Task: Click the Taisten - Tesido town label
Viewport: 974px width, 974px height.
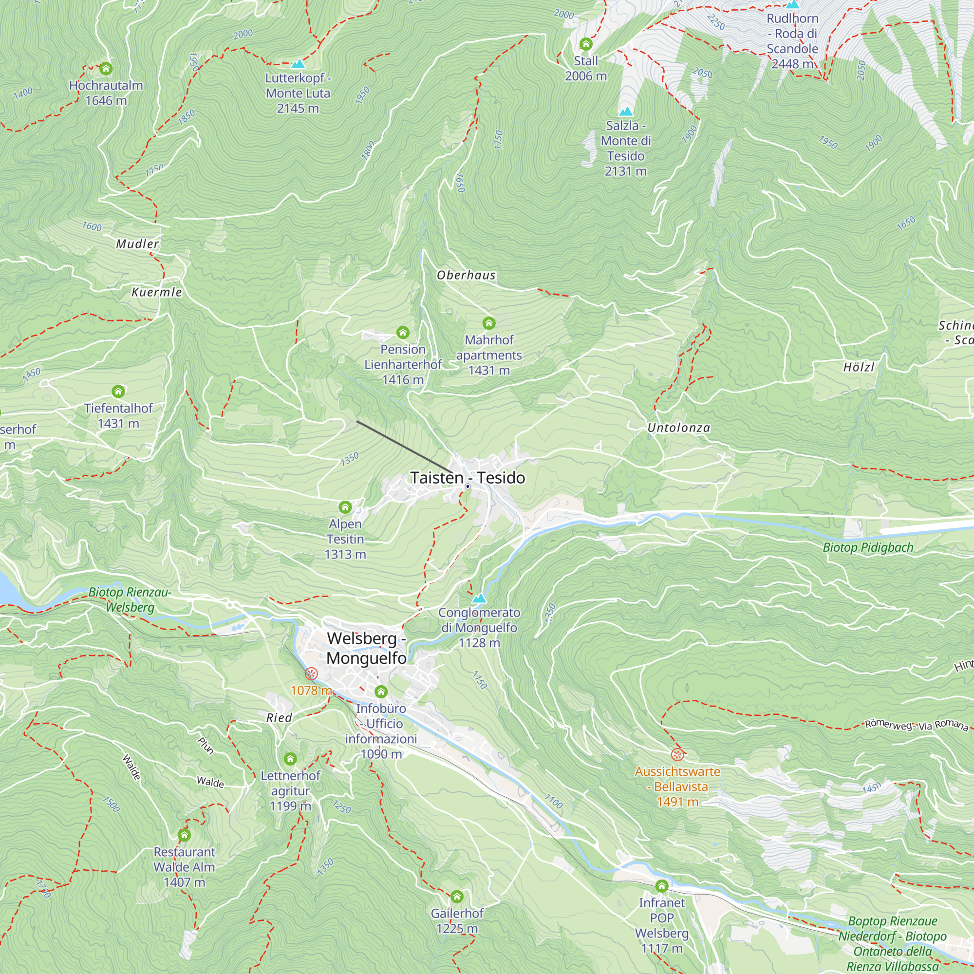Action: (468, 477)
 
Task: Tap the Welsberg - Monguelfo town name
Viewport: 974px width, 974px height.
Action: (366, 648)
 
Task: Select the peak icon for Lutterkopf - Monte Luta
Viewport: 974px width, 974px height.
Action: (298, 64)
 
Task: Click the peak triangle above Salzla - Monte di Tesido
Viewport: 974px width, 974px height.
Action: (626, 112)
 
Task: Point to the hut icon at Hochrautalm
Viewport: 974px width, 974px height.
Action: (106, 68)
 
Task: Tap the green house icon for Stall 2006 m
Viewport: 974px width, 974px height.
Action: (585, 44)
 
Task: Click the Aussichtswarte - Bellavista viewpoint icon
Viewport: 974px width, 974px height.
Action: (677, 755)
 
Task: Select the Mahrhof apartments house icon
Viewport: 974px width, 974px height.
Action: (488, 323)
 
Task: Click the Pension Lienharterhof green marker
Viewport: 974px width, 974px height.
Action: (402, 332)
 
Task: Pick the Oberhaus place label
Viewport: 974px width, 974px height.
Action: (466, 275)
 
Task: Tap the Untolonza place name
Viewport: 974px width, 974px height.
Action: (678, 428)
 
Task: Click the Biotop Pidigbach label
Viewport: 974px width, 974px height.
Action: (868, 547)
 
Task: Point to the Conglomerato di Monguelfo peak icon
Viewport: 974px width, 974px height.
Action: (479, 599)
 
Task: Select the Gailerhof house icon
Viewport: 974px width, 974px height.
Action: (457, 897)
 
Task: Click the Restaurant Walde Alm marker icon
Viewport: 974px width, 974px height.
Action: (184, 835)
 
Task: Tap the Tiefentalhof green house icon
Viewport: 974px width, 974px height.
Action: (118, 391)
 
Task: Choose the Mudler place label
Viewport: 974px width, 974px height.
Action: (137, 244)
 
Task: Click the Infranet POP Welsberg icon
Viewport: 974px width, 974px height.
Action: (661, 886)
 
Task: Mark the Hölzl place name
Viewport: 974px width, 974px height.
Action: (859, 367)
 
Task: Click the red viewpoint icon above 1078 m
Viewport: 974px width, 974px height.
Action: (311, 674)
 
